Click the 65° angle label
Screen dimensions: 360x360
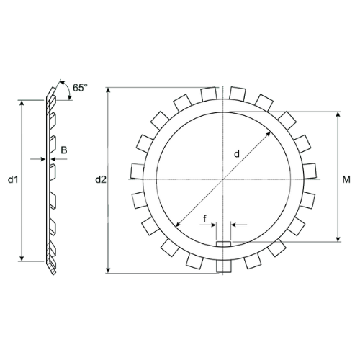click(80, 88)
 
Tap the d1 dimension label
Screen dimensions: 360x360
click(13, 179)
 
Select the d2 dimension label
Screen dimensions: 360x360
click(101, 179)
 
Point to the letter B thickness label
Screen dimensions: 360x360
click(64, 150)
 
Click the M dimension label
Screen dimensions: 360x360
click(346, 179)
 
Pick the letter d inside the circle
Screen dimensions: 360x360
click(237, 154)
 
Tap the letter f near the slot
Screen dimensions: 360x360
click(204, 219)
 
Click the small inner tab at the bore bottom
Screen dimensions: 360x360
click(223, 244)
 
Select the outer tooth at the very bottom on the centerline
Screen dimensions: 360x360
click(224, 266)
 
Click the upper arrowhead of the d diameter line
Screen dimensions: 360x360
click(269, 134)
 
